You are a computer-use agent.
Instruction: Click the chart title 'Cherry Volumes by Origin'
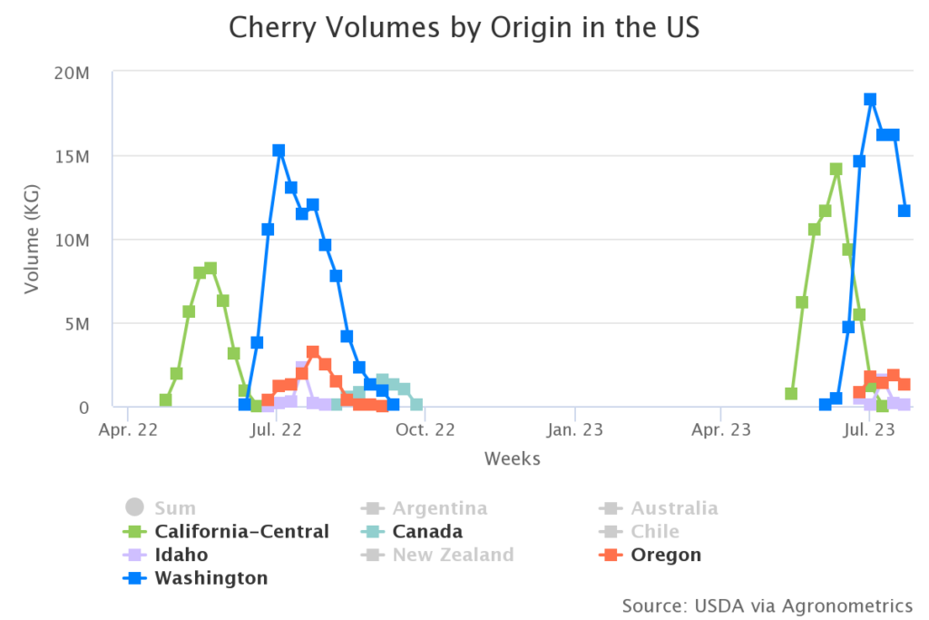[x=464, y=27]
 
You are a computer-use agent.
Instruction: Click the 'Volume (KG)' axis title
[x=32, y=239]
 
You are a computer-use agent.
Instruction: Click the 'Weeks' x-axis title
[x=512, y=458]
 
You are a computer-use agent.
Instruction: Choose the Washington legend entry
[x=210, y=578]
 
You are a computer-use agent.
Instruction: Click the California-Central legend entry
[x=241, y=531]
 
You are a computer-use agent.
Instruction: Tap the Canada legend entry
[x=426, y=531]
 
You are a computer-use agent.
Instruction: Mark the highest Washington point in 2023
[x=870, y=100]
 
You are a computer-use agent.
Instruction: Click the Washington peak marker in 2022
[x=279, y=151]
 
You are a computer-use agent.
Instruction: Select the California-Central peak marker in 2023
[x=836, y=170]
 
